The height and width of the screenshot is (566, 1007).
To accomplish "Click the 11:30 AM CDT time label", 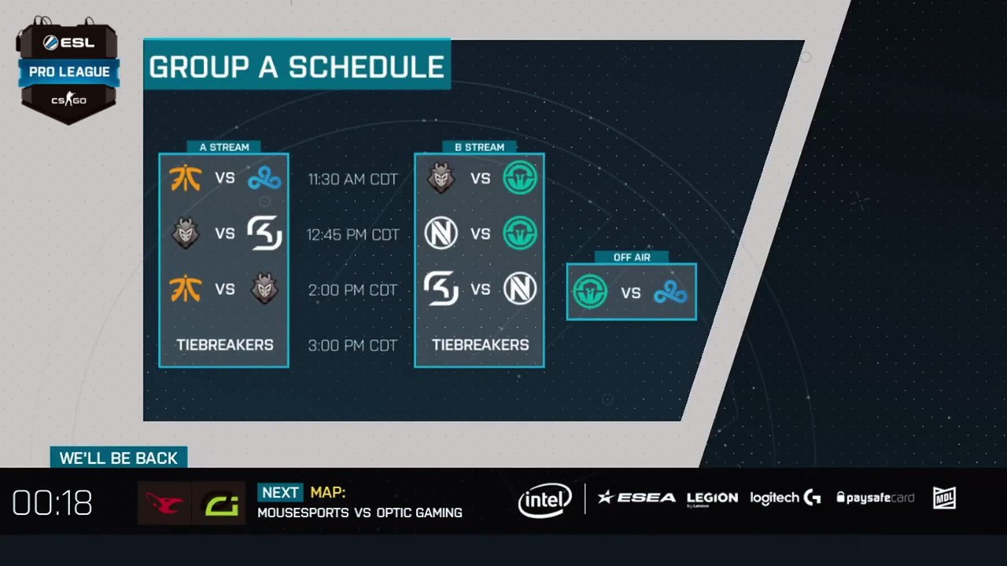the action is pos(353,179).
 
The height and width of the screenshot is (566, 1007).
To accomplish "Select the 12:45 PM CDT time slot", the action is pos(353,234).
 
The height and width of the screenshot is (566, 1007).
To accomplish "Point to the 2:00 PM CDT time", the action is pos(353,290).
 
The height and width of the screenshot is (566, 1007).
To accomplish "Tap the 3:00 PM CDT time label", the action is pos(353,345).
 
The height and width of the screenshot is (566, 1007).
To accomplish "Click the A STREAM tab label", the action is pos(224,147).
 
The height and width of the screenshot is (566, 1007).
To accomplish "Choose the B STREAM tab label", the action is pos(480,147).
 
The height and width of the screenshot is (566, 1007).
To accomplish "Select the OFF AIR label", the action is pos(632,257).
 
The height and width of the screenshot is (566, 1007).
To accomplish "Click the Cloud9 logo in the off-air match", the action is pos(670,292).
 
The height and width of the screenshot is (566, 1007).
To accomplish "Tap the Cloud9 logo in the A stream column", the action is pos(265,178).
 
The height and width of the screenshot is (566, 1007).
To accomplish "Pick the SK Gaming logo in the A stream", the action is pos(265,233).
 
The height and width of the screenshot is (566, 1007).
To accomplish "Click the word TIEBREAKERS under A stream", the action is pos(225,345).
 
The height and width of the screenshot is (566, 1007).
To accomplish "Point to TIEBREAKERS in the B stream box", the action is pos(481,345).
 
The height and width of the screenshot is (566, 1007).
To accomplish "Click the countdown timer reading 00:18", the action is pos(52,502).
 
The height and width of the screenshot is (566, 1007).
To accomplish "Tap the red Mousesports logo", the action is pos(164,503).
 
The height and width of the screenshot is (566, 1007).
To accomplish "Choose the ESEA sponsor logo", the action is pos(636,498).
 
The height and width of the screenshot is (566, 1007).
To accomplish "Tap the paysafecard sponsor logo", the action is pos(876,498).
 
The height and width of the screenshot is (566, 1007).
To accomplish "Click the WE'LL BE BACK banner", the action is pos(119,458).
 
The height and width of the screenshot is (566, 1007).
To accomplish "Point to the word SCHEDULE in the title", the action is pos(367,67).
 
